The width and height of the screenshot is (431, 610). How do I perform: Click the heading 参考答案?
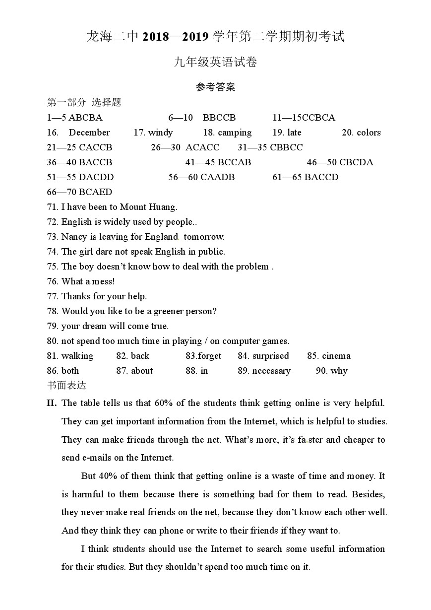coord(215,87)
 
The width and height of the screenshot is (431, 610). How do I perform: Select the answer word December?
coord(89,133)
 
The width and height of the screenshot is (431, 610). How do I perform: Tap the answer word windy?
coord(160,133)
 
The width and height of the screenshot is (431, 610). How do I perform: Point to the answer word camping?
coord(235,133)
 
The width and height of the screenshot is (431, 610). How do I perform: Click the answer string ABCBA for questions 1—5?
coord(85,118)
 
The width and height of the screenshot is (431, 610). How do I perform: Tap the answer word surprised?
coord(270,356)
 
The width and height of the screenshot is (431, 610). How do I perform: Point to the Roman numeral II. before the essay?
coord(52,403)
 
